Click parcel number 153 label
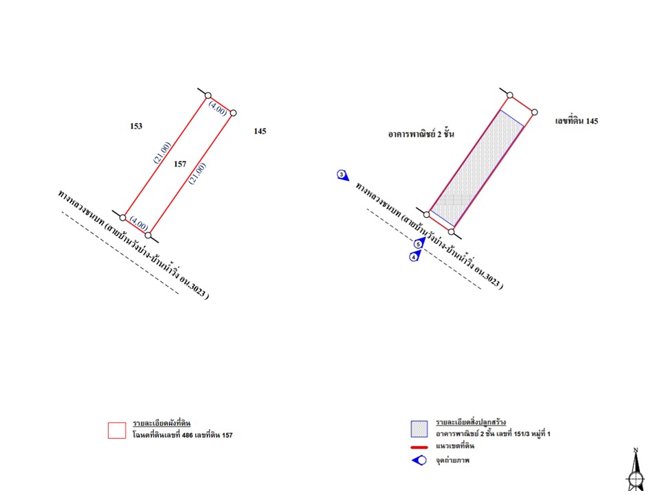(x=136, y=126)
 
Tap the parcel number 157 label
(x=179, y=164)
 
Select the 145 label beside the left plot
(x=260, y=131)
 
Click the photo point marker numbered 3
(x=342, y=175)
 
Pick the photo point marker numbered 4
(x=415, y=256)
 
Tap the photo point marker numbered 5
(x=419, y=243)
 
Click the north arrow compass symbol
(x=635, y=470)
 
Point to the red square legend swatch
(x=117, y=430)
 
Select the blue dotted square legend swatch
(x=419, y=429)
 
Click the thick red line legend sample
(x=419, y=447)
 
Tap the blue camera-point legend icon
(x=419, y=461)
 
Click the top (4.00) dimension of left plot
(x=218, y=109)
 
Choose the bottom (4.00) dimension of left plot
(x=139, y=223)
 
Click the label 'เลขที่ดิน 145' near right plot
(x=576, y=121)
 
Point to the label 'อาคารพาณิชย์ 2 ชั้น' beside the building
(x=421, y=134)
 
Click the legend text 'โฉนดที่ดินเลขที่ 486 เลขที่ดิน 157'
(x=182, y=434)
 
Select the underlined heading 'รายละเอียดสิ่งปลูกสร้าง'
(x=470, y=422)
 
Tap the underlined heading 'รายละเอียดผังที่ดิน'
(x=162, y=423)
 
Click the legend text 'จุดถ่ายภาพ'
(x=452, y=461)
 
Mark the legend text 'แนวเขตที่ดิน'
(x=455, y=446)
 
